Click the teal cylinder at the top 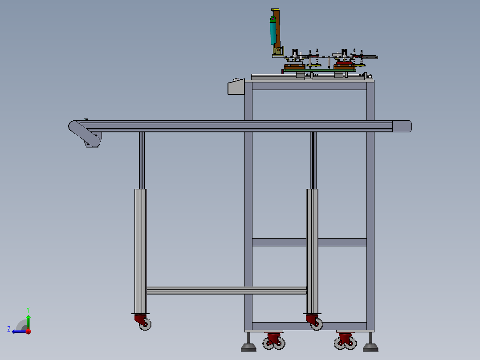tap(273, 31)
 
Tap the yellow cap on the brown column tap(275, 10)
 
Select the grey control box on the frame tap(236, 87)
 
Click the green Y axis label tap(28, 310)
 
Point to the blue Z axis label tap(9, 329)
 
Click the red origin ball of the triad tap(28, 331)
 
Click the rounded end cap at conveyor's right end tap(402, 126)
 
